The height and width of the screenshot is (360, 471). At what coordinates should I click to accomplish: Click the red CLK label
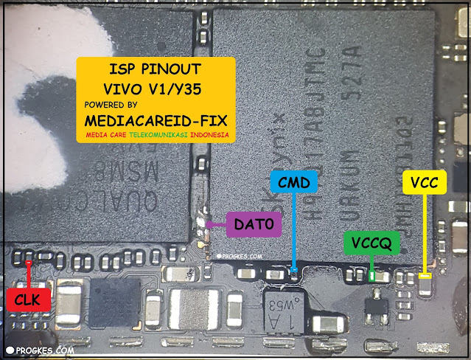pos(28,299)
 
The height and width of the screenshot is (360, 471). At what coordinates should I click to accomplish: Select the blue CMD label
pos(294,181)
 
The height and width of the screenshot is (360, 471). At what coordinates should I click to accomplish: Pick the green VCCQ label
pos(371,241)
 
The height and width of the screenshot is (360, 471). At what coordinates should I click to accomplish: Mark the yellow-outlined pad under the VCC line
pos(424,277)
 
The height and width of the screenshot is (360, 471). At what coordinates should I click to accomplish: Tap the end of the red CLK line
pos(28,262)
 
